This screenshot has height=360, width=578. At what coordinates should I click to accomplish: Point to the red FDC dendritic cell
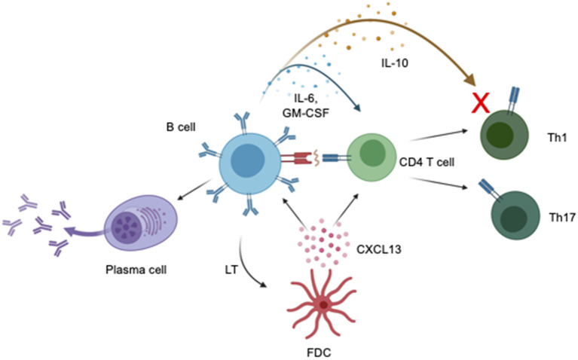coord(323,304)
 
